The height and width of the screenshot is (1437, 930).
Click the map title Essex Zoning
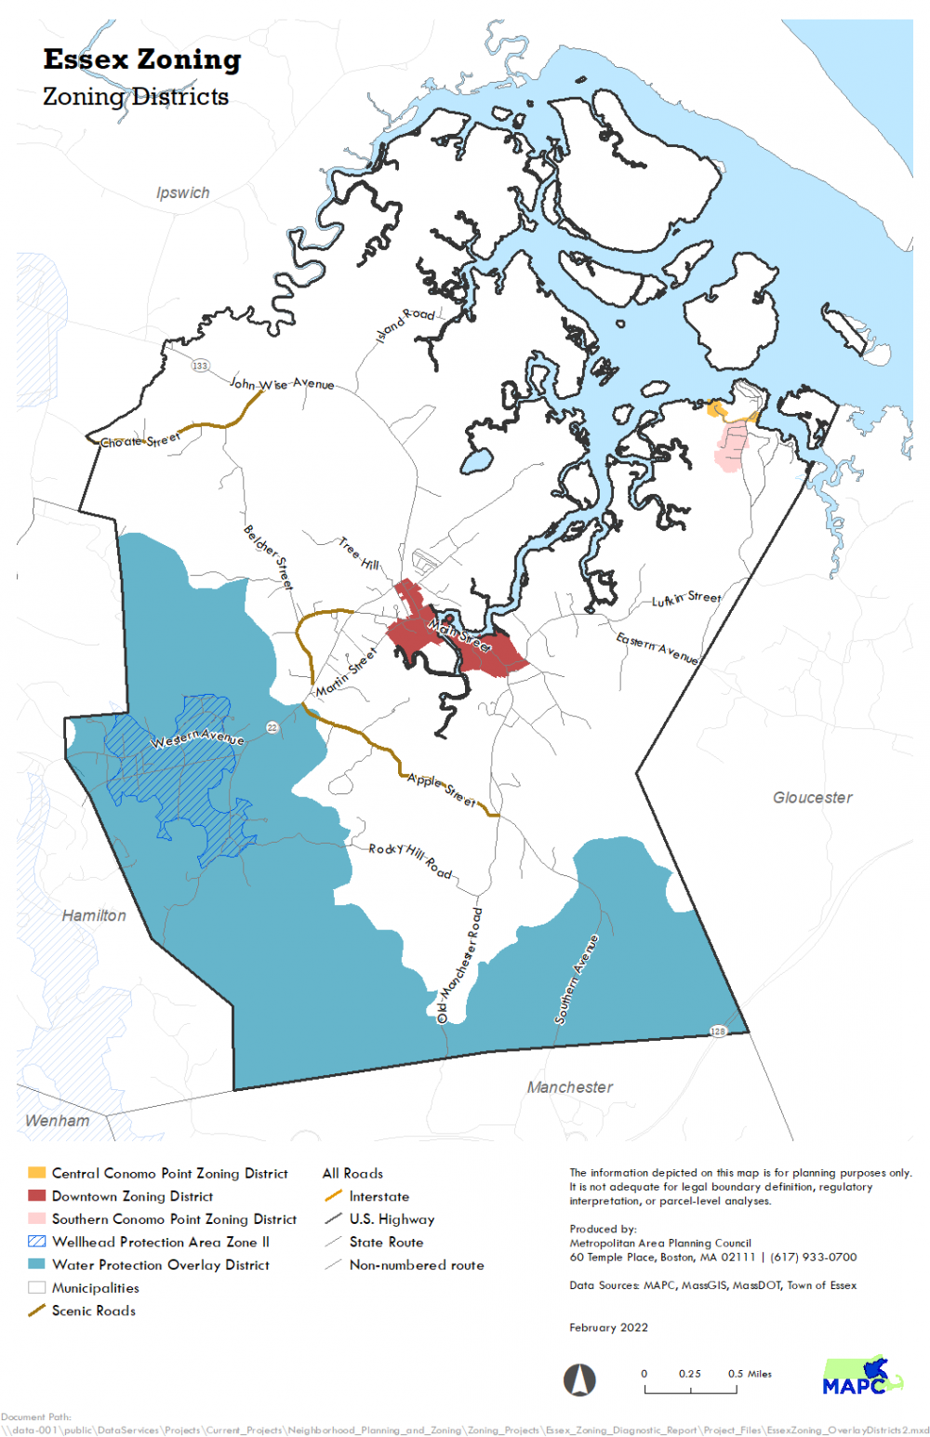pos(142,60)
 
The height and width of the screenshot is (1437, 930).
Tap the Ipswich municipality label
pos(182,193)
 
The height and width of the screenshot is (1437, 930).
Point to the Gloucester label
pos(812,797)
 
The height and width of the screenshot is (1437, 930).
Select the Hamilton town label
pos(94,915)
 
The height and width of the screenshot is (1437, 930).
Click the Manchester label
pos(570,1086)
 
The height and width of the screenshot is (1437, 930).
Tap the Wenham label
pos(58,1120)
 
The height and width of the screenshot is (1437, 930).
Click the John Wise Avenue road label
pos(282,383)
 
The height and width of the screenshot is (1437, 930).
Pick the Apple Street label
pos(442,790)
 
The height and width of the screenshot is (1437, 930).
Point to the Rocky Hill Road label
pos(410,860)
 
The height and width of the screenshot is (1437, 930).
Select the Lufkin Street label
pos(686,599)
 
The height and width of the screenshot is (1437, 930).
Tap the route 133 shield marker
pos(200,366)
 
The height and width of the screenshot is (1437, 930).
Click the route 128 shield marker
pos(718,1031)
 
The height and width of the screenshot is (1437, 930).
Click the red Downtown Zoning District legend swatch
pos(37,1196)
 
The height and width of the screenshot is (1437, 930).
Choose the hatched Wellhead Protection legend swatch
pos(37,1242)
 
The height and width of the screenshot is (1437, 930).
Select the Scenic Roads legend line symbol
pos(37,1311)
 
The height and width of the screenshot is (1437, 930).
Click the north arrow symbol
pos(579,1378)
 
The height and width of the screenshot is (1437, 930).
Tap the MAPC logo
pos(862,1377)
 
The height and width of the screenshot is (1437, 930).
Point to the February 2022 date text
pos(608,1327)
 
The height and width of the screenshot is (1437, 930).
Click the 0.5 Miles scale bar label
pos(750,1374)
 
